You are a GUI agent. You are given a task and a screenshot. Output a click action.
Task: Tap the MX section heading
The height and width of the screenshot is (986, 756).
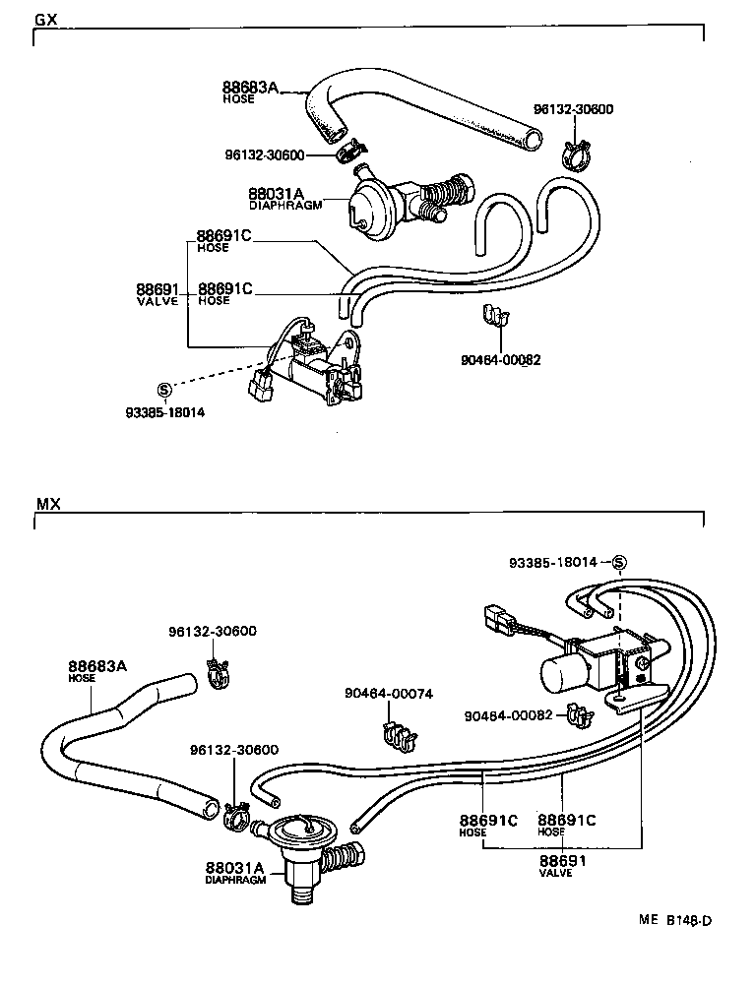click(x=48, y=504)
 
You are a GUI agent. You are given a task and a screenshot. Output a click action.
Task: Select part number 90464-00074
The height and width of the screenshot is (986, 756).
click(x=388, y=693)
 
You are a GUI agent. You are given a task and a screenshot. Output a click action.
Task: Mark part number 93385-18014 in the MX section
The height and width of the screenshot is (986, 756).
click(x=553, y=562)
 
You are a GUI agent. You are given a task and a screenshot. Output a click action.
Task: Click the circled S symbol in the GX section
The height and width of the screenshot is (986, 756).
click(x=164, y=388)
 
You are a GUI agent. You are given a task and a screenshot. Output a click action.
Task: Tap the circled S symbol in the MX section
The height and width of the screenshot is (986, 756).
click(x=619, y=563)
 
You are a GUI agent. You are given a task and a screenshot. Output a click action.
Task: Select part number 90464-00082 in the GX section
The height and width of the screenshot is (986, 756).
click(x=500, y=360)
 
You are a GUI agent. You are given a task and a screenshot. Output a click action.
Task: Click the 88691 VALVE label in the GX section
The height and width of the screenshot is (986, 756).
click(x=157, y=293)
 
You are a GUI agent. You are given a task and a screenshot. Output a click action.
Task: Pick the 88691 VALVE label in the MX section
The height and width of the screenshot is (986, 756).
click(x=562, y=863)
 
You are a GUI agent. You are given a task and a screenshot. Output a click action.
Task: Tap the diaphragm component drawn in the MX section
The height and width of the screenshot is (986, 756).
click(x=301, y=845)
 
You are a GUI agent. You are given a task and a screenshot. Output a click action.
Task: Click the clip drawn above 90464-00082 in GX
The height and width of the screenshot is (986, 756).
click(x=497, y=318)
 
